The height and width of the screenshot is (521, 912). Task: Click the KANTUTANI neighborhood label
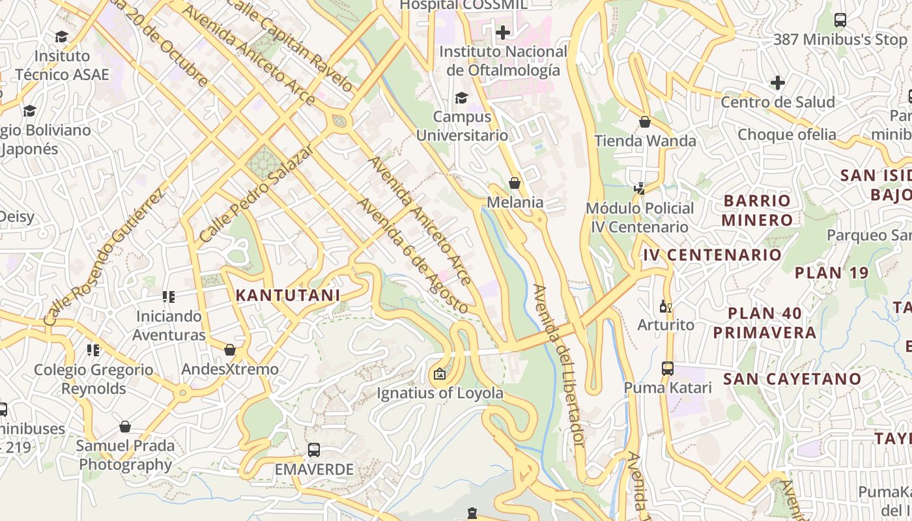click(x=287, y=295)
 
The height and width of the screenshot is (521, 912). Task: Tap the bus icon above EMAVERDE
click(x=313, y=449)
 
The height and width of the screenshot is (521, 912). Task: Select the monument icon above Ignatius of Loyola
click(x=440, y=374)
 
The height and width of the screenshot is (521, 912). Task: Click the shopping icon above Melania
click(x=515, y=183)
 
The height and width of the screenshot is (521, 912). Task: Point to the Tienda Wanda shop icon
click(x=644, y=122)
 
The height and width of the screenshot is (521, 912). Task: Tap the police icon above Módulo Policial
click(x=639, y=189)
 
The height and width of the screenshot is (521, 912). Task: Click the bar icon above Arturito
click(x=664, y=305)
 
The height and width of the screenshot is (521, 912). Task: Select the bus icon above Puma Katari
click(x=668, y=368)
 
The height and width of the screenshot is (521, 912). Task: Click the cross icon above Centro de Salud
click(x=777, y=83)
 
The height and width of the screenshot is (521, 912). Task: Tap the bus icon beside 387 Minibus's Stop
click(x=840, y=20)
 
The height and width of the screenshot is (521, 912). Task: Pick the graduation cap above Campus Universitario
click(x=461, y=98)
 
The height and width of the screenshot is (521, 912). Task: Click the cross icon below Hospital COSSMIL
click(x=502, y=32)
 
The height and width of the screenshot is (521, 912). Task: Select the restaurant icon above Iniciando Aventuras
click(x=169, y=297)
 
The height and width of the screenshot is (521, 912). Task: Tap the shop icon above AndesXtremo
click(x=229, y=350)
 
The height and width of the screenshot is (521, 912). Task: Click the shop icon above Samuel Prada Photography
click(x=125, y=427)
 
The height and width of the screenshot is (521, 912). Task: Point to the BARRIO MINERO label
click(x=756, y=210)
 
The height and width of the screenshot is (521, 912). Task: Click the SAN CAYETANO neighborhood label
click(x=792, y=378)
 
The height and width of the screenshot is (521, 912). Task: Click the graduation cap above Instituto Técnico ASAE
click(x=61, y=36)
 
